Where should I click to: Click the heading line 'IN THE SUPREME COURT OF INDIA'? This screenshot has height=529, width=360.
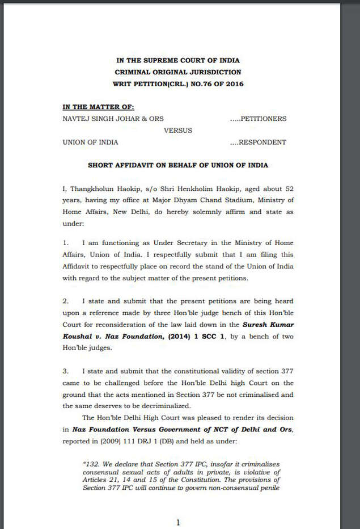pos(179,61)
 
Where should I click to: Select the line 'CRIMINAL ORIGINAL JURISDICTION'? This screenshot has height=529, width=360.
pos(179,72)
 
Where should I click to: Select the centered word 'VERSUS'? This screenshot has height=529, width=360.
pos(178,131)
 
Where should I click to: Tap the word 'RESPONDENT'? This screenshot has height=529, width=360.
pos(262,142)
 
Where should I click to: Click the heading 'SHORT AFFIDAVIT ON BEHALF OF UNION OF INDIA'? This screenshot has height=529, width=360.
pos(178,165)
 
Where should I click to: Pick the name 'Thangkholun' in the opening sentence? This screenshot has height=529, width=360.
pos(92,188)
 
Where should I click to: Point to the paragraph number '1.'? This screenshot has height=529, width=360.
pos(66,242)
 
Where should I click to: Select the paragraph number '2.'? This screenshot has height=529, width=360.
pos(66,301)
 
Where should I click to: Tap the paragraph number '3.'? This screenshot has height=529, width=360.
pos(66,371)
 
